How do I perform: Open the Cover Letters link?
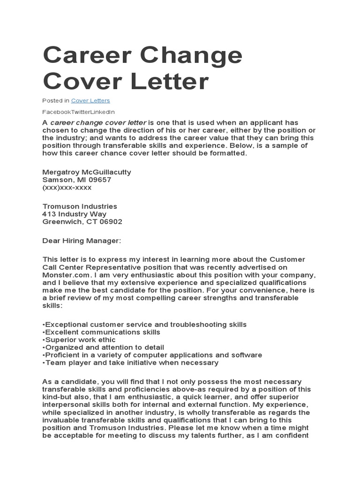coord(90,100)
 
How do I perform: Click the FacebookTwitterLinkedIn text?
coord(78,112)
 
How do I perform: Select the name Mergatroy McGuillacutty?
coord(87,172)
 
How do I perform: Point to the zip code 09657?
coord(101,180)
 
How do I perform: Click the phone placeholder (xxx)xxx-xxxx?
coord(67,187)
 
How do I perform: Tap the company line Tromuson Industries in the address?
coord(80,206)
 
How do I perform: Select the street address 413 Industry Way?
coord(75,214)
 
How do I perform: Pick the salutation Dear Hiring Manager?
coord(82,240)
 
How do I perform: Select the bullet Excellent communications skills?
coord(101,332)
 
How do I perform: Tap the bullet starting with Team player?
coord(130,362)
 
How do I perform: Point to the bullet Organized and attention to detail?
coord(103,347)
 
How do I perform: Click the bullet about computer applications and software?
coord(152,355)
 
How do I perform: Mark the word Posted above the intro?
coord(52,100)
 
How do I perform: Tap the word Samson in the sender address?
coord(57,180)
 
